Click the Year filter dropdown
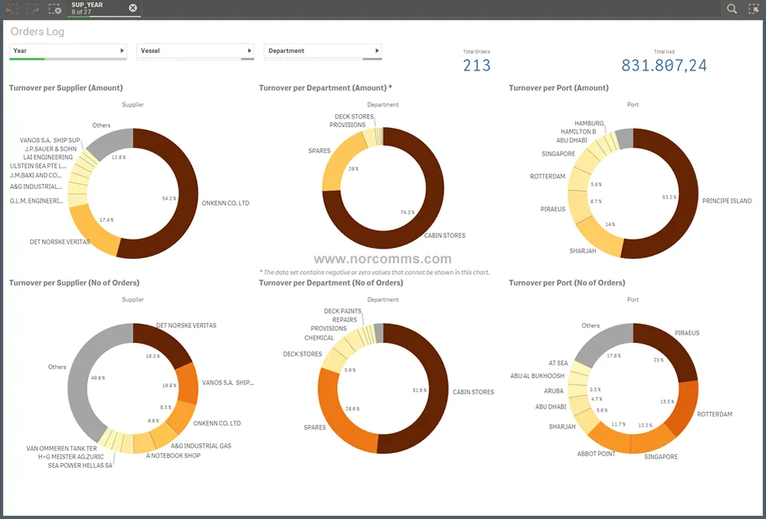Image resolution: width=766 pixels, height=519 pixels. coord(67,51)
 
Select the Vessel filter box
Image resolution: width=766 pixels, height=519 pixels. coord(195,51)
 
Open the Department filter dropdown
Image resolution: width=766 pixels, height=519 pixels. coord(322,51)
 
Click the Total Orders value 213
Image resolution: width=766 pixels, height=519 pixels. coord(476,66)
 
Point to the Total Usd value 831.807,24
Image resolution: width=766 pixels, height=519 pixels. coord(663,66)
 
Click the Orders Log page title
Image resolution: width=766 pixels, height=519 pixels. coord(38,32)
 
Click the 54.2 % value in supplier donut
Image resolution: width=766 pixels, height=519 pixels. coord(169,198)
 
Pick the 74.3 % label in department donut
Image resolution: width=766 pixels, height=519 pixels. coord(408,212)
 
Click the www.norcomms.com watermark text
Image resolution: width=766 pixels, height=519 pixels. coord(382,259)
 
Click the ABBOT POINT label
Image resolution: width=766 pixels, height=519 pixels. coord(597,454)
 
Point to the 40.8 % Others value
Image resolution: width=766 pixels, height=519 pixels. coord(98,377)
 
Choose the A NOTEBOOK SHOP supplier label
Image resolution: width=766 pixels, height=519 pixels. coord(173,455)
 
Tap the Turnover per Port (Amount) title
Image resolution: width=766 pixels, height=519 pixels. coord(558,88)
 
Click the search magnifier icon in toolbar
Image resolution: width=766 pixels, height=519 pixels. coord(732,8)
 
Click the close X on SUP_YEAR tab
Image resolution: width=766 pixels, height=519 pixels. coord(133,8)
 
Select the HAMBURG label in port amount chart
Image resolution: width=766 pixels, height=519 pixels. coord(589,123)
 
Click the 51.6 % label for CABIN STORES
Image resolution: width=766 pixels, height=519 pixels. coord(420,390)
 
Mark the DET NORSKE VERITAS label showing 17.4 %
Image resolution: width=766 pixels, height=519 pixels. coord(60,242)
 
